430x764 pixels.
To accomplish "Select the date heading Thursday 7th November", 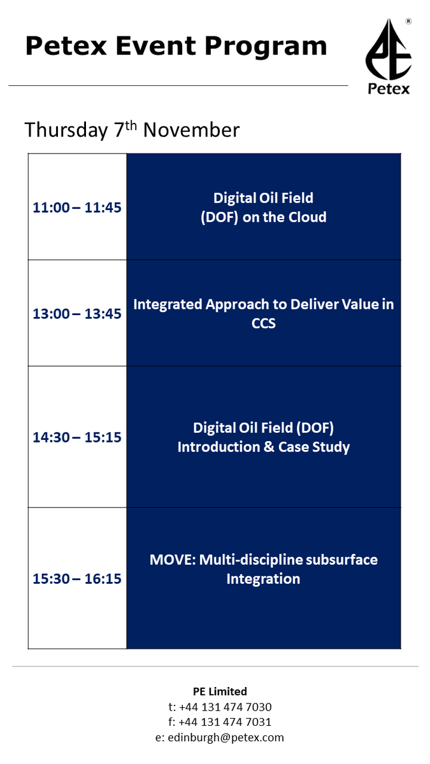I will (x=132, y=130).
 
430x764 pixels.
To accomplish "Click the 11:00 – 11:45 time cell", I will (x=77, y=208).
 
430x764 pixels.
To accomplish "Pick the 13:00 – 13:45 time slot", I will (x=77, y=314).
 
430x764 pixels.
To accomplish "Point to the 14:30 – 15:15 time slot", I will (x=77, y=437).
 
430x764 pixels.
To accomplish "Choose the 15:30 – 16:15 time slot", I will (x=77, y=579).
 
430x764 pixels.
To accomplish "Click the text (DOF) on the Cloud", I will (x=263, y=217).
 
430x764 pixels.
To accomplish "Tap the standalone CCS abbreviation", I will (x=263, y=323).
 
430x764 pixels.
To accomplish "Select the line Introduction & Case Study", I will (x=263, y=447).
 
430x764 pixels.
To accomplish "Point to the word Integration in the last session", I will (x=263, y=579).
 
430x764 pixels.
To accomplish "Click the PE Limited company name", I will (x=220, y=691).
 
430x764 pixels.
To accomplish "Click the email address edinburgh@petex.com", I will (x=227, y=738).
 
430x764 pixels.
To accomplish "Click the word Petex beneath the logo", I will (x=389, y=88).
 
